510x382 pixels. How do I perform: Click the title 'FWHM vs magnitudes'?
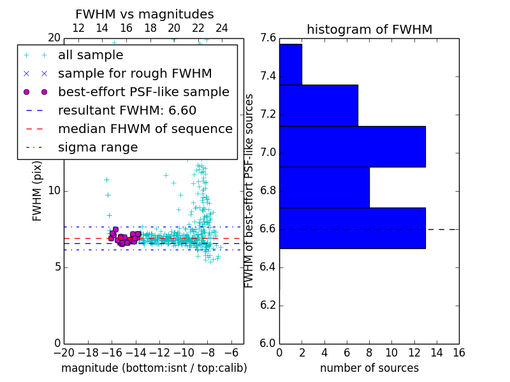(145, 15)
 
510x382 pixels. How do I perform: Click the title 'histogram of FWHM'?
(369, 29)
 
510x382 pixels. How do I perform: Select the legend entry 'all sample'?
(91, 55)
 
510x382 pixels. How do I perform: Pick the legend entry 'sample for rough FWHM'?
(135, 74)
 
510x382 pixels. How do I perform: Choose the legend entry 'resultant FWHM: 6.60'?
(127, 111)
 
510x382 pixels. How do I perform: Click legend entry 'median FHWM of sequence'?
(145, 129)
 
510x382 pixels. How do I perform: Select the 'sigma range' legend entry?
(98, 148)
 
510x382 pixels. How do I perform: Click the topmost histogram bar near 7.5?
(291, 64)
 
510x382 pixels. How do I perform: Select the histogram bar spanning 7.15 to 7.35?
(318, 105)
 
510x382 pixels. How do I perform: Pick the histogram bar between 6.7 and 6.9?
(324, 187)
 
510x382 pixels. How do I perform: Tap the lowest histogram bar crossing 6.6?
(352, 228)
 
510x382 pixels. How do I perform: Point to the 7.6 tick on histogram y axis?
(268, 38)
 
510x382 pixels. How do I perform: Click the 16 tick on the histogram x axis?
(458, 353)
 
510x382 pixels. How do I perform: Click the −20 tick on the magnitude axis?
(64, 353)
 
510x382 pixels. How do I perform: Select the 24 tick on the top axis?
(222, 28)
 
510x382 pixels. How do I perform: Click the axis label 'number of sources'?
(369, 368)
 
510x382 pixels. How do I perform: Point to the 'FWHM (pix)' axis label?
(38, 190)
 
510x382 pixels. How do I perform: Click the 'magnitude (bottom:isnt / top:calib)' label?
(154, 368)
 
